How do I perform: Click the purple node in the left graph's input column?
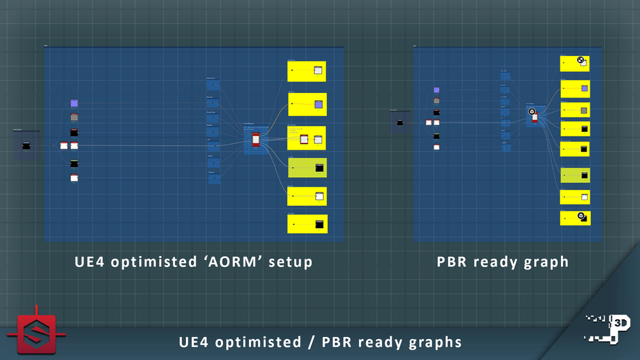pos(74,103)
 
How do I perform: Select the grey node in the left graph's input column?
pos(74,117)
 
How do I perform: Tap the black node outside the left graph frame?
pos(26,146)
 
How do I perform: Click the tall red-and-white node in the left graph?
pos(256,140)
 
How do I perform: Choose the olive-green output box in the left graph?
pos(307,168)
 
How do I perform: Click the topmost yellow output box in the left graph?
pos(306,71)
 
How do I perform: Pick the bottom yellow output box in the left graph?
pos(307,224)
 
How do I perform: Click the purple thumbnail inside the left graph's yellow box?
pos(318,104)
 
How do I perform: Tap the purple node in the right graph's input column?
pos(436,90)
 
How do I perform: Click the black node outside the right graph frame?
pos(400,122)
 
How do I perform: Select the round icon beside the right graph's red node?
pos(531,112)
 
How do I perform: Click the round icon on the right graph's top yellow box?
pos(580,61)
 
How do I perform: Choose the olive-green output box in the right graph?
pos(575,175)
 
